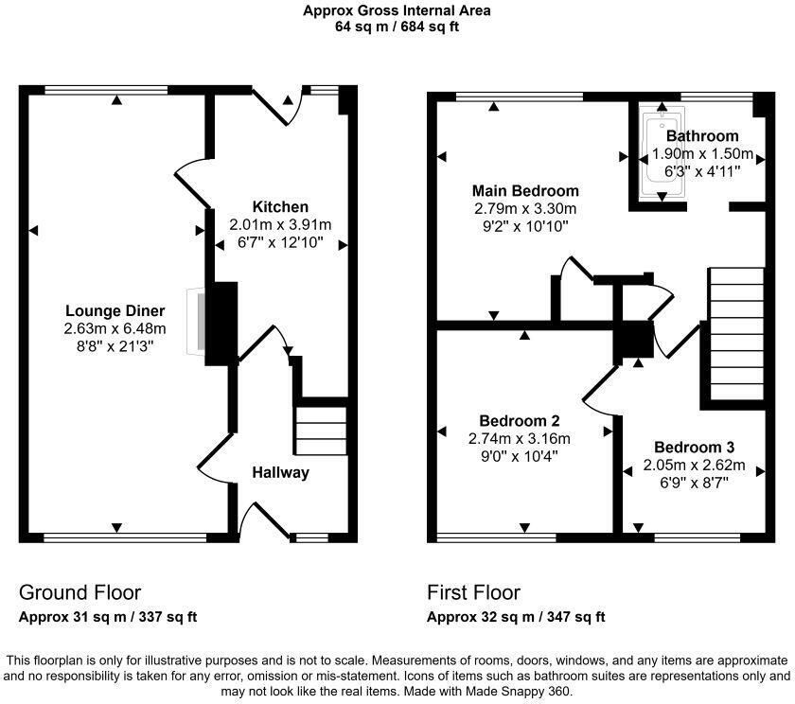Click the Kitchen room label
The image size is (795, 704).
280,207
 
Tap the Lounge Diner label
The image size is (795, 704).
115,311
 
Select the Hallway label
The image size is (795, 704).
280,472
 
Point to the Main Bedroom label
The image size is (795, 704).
526,191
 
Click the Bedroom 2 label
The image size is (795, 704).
520,421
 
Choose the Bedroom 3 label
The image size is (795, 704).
694,448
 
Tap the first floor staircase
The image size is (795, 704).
735,336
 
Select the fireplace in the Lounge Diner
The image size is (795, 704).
197,322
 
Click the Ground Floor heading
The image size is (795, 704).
79,593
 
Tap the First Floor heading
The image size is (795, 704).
473,593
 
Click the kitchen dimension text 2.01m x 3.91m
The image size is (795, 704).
280,225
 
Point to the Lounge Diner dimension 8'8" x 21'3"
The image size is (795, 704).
115,346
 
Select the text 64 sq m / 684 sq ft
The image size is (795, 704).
397,26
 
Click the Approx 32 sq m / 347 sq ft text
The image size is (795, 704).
516,618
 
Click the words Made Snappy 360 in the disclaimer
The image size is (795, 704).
543,691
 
